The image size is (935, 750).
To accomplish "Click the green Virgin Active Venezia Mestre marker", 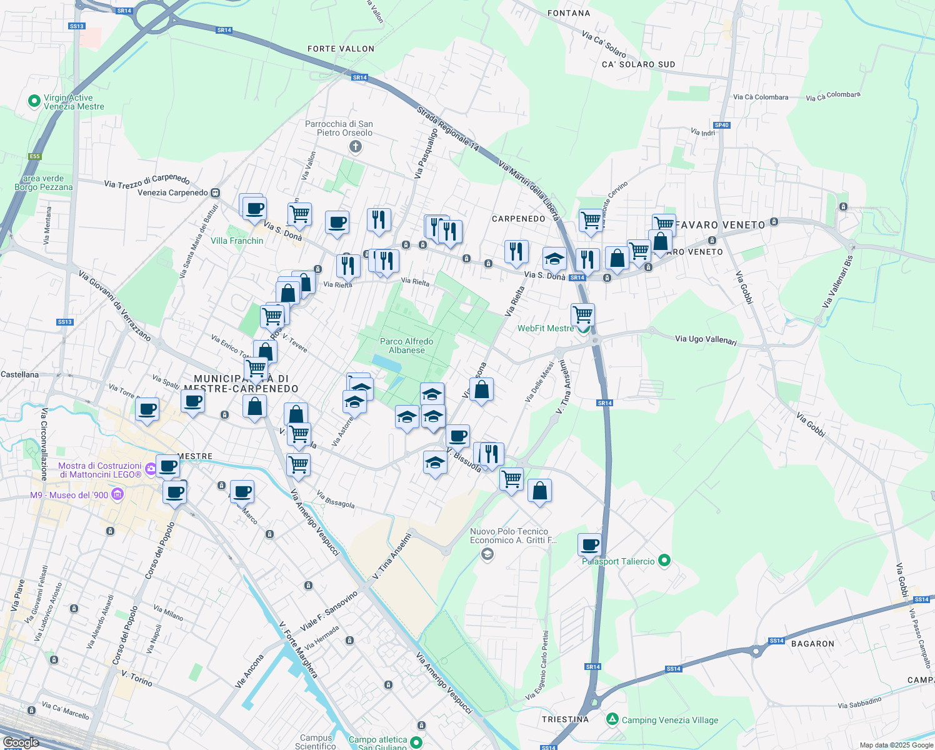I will click(x=34, y=101).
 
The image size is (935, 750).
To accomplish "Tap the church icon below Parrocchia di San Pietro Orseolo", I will click(x=355, y=147).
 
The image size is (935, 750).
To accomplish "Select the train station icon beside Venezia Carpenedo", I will click(x=216, y=193).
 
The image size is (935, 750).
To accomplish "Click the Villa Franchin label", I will click(x=237, y=241).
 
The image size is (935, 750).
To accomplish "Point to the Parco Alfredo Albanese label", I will click(x=406, y=346).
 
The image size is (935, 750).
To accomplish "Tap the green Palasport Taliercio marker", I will click(x=664, y=561).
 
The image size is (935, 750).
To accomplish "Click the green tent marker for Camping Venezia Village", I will click(x=612, y=719).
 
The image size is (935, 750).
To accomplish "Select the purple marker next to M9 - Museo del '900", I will click(x=117, y=495).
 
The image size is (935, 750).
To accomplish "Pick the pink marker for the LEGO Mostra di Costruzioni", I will click(x=150, y=469).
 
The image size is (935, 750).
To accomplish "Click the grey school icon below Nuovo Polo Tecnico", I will click(x=487, y=554).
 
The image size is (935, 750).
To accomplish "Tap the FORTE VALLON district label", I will click(x=341, y=49).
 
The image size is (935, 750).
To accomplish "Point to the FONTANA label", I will click(x=568, y=13).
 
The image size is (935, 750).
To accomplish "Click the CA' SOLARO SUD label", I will click(x=638, y=64).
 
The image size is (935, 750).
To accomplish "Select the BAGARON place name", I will click(x=812, y=644).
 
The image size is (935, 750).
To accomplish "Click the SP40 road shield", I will click(x=721, y=125).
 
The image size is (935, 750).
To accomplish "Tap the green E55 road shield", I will click(x=34, y=156).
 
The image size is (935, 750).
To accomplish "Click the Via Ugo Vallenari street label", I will click(x=706, y=340).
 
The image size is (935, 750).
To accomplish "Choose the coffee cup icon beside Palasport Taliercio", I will click(x=589, y=544).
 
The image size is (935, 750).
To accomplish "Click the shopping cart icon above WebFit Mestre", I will click(x=582, y=314).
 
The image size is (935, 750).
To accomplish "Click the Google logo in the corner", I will click(x=21, y=742).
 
